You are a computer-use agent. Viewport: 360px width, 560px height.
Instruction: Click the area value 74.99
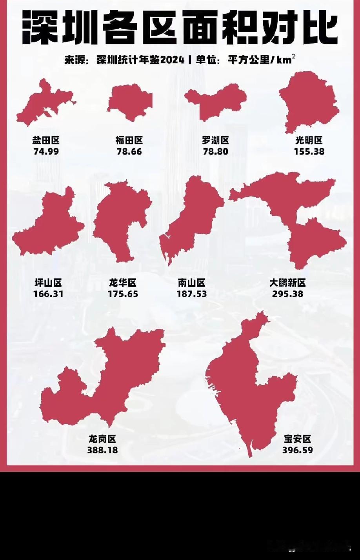point(46,151)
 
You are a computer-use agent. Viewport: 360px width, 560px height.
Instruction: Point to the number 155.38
point(309,151)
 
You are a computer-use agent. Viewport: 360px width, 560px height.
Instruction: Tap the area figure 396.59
point(298,450)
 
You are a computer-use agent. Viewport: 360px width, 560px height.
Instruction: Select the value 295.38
point(287,293)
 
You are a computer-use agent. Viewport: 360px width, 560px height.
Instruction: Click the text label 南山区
point(191,282)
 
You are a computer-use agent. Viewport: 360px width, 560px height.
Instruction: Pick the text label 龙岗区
point(102,439)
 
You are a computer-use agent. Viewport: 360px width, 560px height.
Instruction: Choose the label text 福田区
point(129,140)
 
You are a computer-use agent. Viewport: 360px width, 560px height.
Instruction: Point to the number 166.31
point(48,293)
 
